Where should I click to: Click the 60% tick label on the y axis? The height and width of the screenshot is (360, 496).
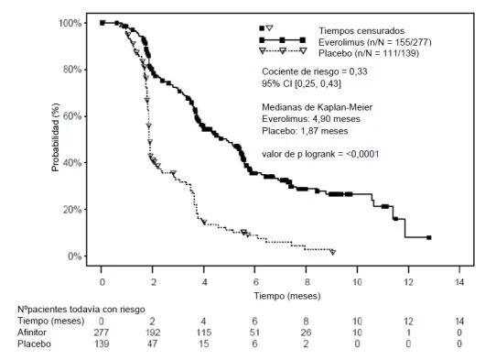72,116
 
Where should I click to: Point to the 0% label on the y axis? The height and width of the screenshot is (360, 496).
75,256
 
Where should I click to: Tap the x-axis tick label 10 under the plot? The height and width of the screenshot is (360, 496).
357,282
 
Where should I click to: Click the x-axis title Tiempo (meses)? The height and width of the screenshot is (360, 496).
287,296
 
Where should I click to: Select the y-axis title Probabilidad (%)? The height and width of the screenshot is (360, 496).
55,137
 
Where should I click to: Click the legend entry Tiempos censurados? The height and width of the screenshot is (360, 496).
361,31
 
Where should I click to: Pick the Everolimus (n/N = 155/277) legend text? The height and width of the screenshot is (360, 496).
375,42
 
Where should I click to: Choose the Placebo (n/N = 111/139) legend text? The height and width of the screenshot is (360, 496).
369,53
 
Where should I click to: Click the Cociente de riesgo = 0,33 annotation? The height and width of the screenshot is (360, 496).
315,71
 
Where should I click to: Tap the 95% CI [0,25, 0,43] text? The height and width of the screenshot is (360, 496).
301,83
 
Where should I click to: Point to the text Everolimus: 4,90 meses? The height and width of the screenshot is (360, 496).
311,119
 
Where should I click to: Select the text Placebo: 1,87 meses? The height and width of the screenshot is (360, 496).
305,131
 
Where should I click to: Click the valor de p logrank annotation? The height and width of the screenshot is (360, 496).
320,154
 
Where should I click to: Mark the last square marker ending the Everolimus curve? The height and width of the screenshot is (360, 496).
429,237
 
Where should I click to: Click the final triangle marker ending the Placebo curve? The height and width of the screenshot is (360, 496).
333,252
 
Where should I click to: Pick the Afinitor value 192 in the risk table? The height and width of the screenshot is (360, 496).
152,333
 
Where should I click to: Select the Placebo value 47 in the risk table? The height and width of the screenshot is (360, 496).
152,344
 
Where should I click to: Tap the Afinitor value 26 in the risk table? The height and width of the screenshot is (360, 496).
306,333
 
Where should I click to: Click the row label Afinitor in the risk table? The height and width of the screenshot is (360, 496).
32,333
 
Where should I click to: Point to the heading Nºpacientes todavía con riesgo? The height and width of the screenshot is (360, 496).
81,310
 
